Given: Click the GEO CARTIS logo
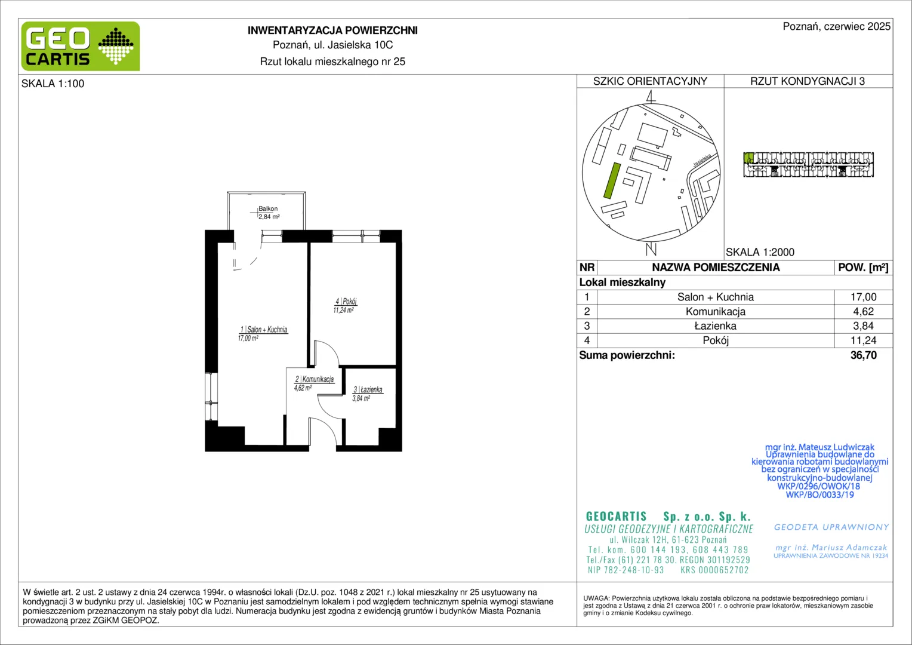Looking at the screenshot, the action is coord(81,47).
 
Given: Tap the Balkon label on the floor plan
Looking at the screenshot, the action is coord(268,208).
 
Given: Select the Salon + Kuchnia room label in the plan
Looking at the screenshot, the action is coord(264,329).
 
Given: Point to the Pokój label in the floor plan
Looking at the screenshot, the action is coord(346,302).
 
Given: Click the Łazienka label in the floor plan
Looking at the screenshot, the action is coord(368,389).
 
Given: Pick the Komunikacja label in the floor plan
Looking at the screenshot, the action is coord(315,379).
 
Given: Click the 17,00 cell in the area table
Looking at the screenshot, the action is coord(863,297).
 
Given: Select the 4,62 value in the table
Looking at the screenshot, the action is coord(863,312).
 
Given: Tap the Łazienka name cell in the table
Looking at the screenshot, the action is coord(716,326).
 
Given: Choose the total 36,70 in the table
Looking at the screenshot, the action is coord(863,355).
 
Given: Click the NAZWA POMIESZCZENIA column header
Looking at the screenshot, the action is coord(716,268).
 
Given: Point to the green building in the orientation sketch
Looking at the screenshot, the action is coord(612,180).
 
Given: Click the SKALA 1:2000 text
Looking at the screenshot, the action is coord(760,252).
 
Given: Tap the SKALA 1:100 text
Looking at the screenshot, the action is coord(53,84).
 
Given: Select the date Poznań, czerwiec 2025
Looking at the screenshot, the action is coord(837,26).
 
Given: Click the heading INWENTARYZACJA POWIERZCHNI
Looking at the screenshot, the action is coord(332,30).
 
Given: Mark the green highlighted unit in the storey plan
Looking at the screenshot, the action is coord(748,158).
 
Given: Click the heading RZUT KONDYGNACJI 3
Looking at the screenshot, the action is coord(808,81).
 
